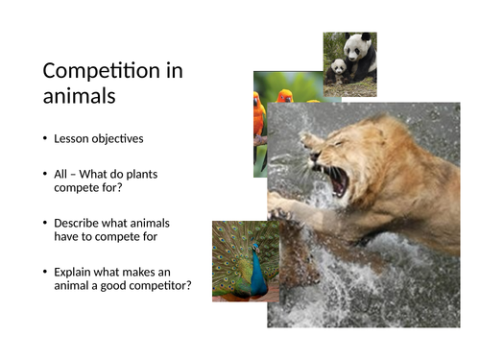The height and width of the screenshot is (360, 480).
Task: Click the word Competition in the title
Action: point(113,71)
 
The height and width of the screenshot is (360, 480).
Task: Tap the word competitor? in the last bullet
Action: point(157,285)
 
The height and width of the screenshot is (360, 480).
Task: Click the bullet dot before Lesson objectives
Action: point(45,139)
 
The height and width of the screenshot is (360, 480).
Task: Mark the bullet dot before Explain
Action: point(45,272)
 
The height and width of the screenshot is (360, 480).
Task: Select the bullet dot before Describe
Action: point(45,223)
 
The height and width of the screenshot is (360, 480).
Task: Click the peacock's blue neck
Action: point(257,272)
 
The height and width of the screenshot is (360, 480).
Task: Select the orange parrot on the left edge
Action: point(259,115)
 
